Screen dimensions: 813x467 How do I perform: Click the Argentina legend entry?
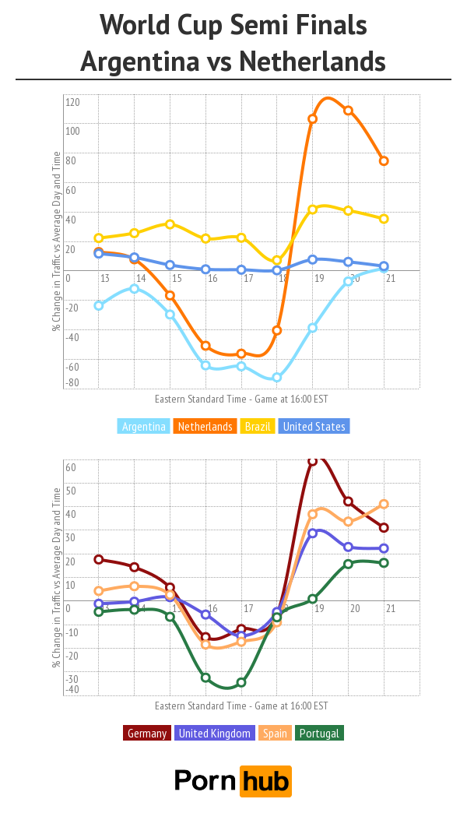[x=144, y=427]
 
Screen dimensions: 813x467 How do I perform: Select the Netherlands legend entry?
[x=205, y=427]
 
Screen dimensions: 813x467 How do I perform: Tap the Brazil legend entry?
[x=258, y=427]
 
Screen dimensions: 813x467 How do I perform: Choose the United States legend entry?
[x=314, y=427]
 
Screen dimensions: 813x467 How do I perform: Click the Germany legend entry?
[x=146, y=734]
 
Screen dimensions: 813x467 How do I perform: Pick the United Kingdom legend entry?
[x=215, y=734]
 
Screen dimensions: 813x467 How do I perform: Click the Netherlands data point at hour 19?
[x=312, y=119]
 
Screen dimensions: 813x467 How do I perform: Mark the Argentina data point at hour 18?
[x=276, y=378]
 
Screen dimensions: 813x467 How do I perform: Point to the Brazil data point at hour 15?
[x=170, y=224]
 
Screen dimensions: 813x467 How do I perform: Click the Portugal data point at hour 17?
[x=241, y=682]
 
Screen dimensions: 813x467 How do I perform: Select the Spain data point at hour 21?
[x=384, y=504]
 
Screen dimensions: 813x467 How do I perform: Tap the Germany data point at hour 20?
[x=348, y=502]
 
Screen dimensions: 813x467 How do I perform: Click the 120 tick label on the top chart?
[x=73, y=102]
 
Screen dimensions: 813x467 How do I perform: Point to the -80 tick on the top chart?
[x=72, y=382]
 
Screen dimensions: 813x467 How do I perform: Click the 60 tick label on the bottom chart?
[x=70, y=468]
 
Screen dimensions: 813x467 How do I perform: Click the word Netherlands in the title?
[x=312, y=61]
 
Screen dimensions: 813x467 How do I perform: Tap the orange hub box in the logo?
[x=265, y=781]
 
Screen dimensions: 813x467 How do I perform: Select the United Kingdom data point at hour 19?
[x=312, y=533]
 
